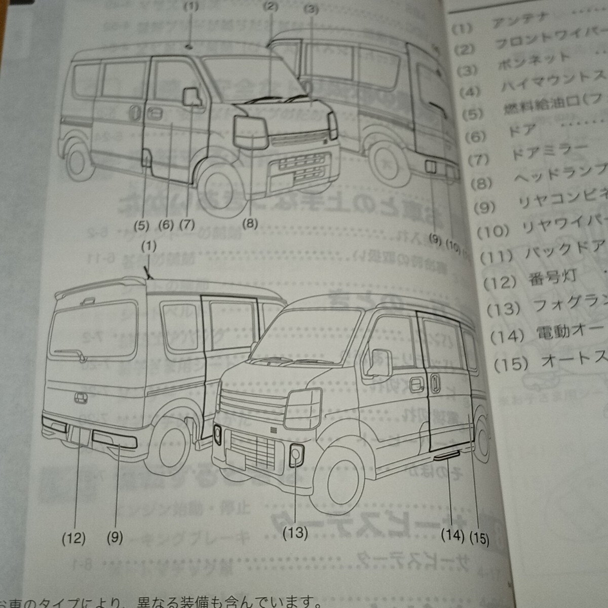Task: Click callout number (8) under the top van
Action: pyautogui.click(x=250, y=223)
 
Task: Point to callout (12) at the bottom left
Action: pyautogui.click(x=73, y=538)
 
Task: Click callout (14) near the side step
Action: pyautogui.click(x=452, y=535)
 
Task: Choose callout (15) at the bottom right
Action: pyautogui.click(x=479, y=538)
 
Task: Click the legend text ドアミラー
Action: pyautogui.click(x=549, y=152)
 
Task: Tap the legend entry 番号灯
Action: pyautogui.click(x=553, y=278)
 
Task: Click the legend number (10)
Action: pyautogui.click(x=493, y=232)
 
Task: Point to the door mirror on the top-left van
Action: pyautogui.click(x=192, y=96)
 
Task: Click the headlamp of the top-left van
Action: pyautogui.click(x=250, y=133)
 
